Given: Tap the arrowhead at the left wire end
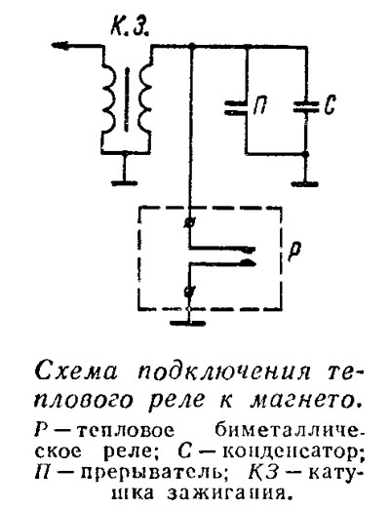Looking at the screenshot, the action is click(x=60, y=45).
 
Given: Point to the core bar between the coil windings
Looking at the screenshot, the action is click(x=127, y=99).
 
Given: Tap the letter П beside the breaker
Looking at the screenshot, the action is click(x=259, y=105).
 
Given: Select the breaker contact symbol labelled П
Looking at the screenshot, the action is click(x=236, y=108).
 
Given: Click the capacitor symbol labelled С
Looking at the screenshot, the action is click(x=306, y=107).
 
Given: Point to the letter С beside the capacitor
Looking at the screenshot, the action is click(x=330, y=104).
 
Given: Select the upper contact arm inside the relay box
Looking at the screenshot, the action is click(x=222, y=249).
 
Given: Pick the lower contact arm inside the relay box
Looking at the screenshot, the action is click(x=222, y=262).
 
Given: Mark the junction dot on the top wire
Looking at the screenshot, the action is click(x=192, y=46).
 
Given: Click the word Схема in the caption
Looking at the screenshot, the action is click(x=75, y=371).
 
